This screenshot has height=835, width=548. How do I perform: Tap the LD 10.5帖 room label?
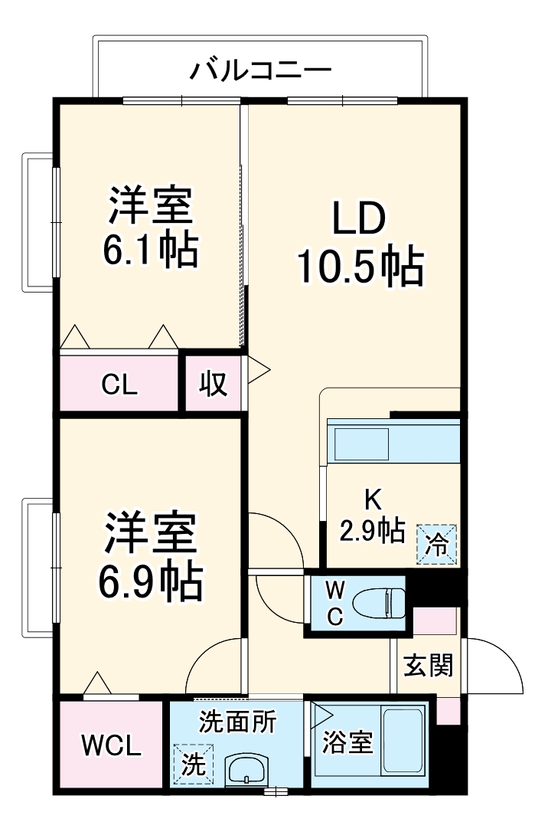[x=358, y=244]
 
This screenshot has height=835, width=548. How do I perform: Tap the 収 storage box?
[x=214, y=384]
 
